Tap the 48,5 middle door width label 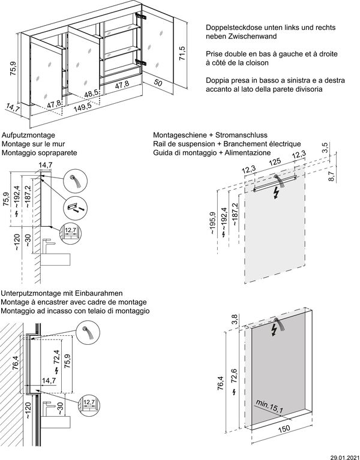click(x=91, y=94)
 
